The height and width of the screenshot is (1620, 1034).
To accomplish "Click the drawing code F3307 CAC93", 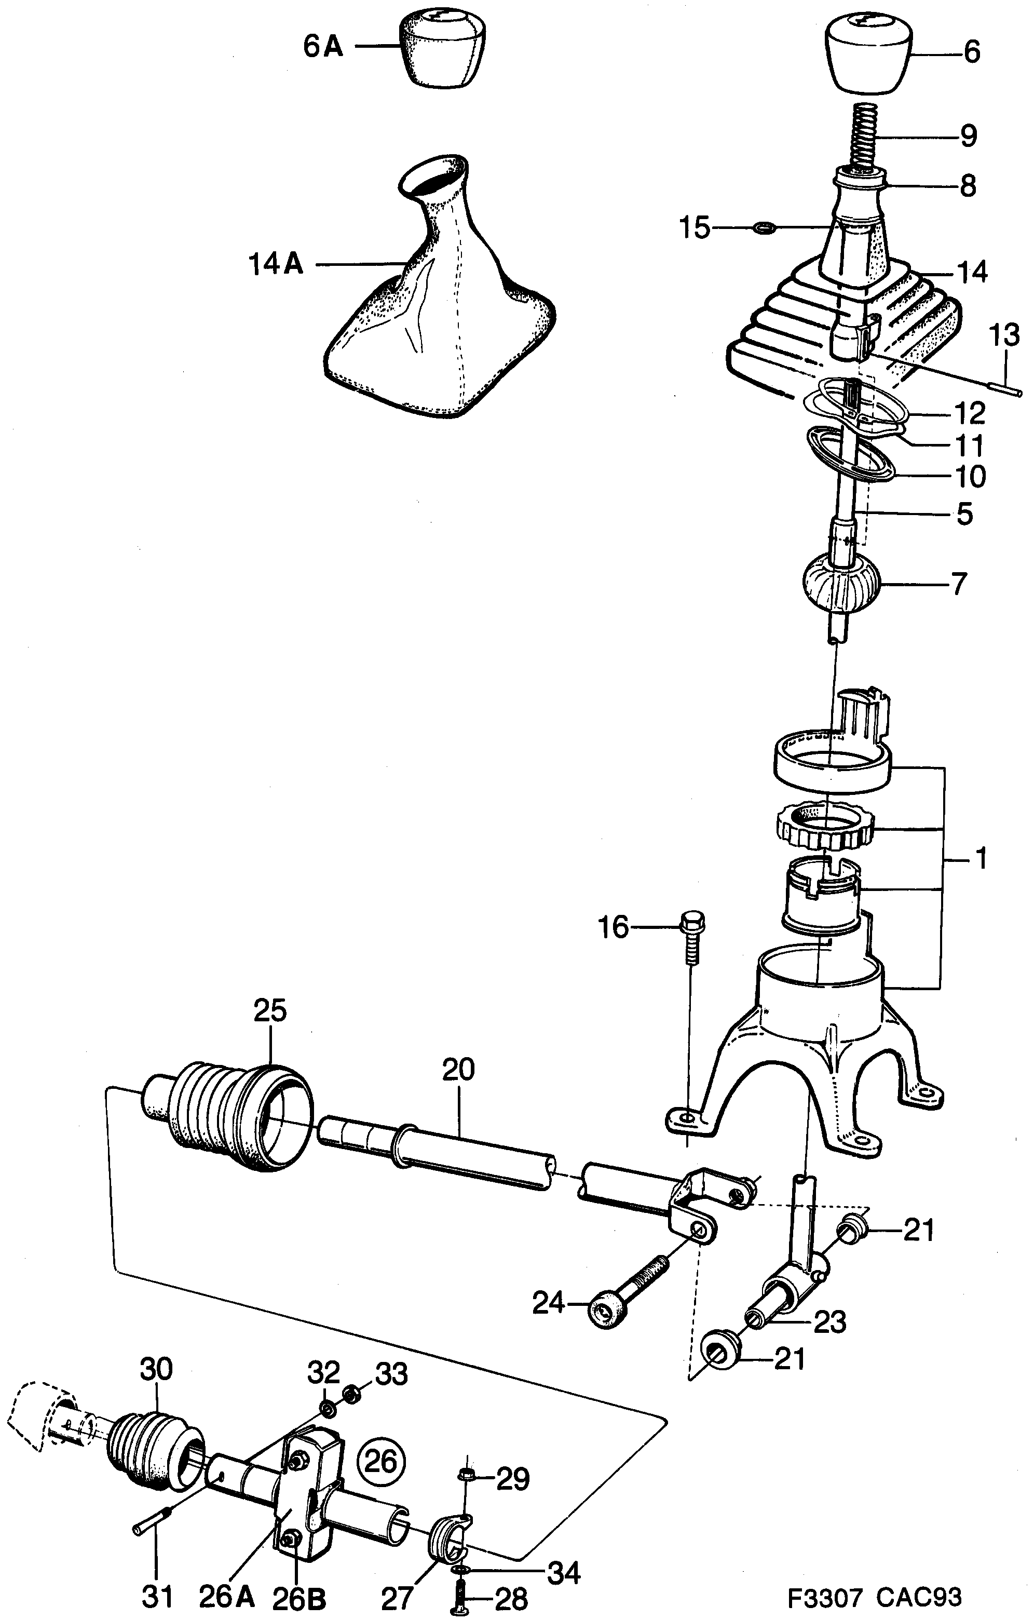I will pyautogui.click(x=875, y=1596).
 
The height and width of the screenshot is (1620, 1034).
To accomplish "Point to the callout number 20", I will pyautogui.click(x=459, y=1069).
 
